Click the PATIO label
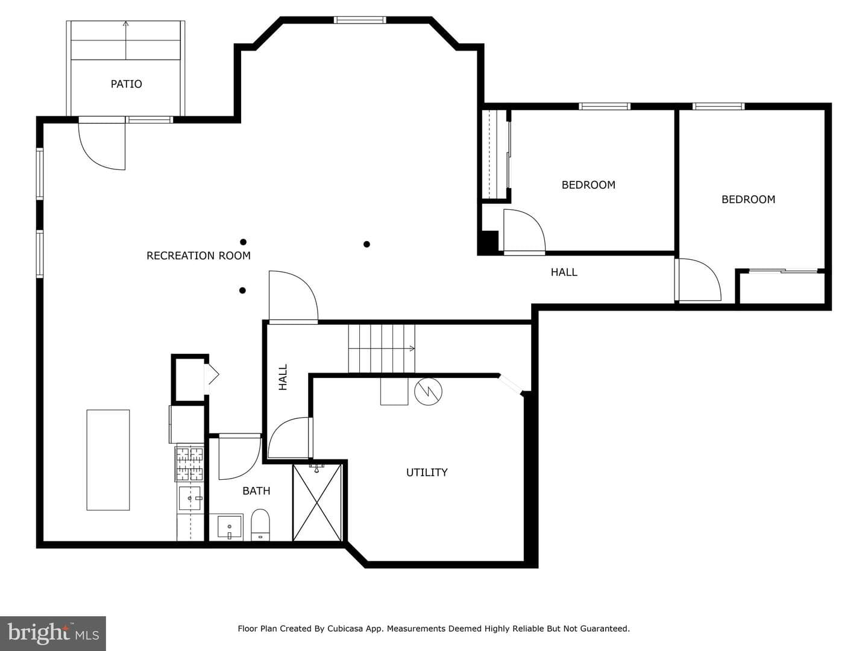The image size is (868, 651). tap(126, 84)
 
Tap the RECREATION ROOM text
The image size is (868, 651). tap(198, 256)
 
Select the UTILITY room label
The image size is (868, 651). tap(427, 473)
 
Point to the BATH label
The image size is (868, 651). tap(256, 491)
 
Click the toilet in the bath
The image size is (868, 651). tap(260, 525)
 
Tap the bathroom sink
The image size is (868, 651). tap(230, 527)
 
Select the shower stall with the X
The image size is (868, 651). tap(317, 502)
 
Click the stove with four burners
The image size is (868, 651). tap(189, 464)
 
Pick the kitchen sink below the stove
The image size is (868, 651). tap(190, 498)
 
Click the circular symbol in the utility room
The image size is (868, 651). tap(428, 391)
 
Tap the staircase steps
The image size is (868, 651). tap(382, 348)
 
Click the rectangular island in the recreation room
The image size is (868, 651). tap(108, 460)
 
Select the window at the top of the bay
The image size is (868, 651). tap(359, 20)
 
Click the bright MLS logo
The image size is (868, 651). tap(53, 633)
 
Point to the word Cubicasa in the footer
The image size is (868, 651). tap(345, 629)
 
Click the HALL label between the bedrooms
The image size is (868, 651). tap(564, 272)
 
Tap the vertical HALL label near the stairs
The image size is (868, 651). tap(283, 377)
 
